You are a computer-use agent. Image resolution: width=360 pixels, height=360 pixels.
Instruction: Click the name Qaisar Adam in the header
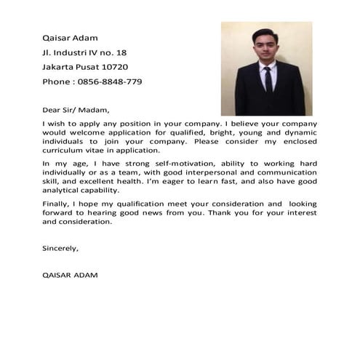coord(70,38)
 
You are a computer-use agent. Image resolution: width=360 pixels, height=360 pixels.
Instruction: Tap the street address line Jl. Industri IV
coord(84,52)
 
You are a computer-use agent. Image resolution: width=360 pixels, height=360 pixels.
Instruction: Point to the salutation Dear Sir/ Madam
coord(76,111)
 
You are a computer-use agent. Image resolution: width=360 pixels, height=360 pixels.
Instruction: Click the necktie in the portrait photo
coord(268,79)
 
